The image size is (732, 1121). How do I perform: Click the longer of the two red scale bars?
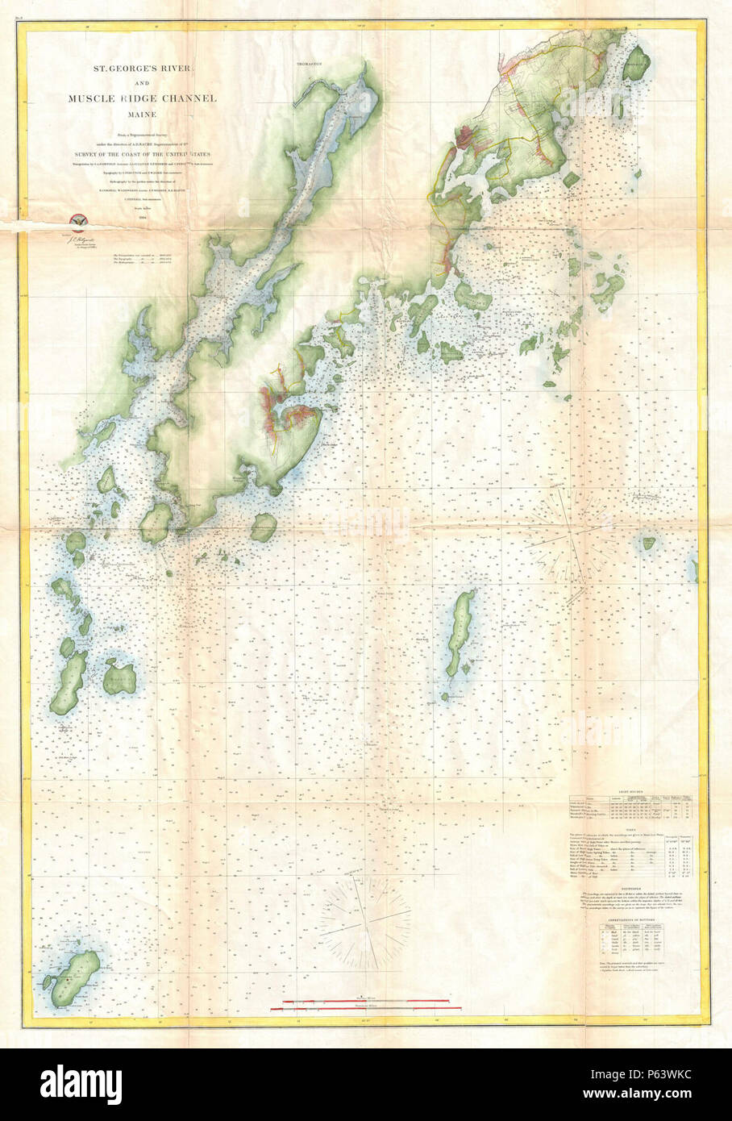click(371, 1002)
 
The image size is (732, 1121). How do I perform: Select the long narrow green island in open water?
click(460, 633)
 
